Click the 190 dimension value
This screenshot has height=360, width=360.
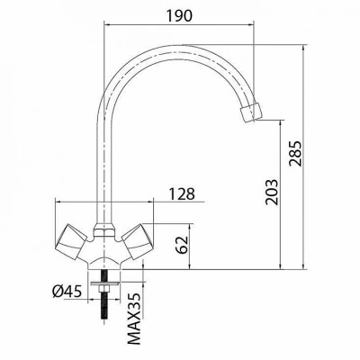click(x=179, y=15)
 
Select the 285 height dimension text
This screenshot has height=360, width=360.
click(x=296, y=153)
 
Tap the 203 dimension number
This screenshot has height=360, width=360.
click(x=272, y=193)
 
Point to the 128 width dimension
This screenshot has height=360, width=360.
click(x=182, y=194)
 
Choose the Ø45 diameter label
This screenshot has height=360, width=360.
click(x=67, y=291)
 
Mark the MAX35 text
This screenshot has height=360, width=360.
click(x=134, y=319)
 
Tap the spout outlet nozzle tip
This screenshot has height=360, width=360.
click(x=251, y=112)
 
